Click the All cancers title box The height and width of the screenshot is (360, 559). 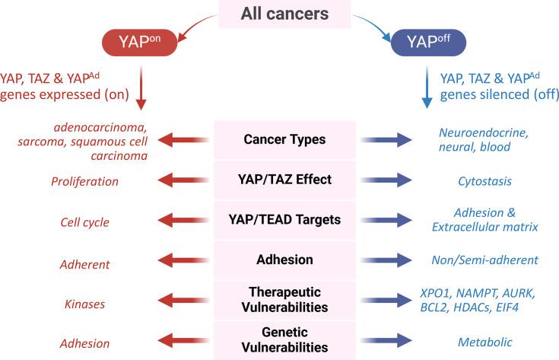pos(284,14)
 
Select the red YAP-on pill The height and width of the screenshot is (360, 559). pos(140,43)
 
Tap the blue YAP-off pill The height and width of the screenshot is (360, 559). pos(428,43)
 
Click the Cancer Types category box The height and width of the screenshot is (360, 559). pos(284,139)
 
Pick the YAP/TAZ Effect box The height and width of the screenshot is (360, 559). pos(284,180)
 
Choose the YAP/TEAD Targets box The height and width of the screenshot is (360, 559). pos(284,220)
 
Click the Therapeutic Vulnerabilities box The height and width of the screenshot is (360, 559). pos(284,300)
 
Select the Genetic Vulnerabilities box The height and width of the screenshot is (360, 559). pos(284,340)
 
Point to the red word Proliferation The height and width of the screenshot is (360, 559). pos(84,182)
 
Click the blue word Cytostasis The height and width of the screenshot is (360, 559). pos(485,181)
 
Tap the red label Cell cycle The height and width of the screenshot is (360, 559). pos(85,222)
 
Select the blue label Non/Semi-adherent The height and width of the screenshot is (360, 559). pos(485,260)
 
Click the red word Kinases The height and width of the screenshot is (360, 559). pos(85,304)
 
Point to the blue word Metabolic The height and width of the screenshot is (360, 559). pos(485,342)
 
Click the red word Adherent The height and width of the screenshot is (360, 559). pos(85,264)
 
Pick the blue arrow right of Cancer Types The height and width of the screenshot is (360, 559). pos(386,140)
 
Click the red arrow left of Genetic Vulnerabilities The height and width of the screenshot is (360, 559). pos(183,340)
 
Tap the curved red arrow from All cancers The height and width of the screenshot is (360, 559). pos(197,27)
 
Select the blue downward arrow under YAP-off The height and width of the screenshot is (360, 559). pos(427,87)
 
